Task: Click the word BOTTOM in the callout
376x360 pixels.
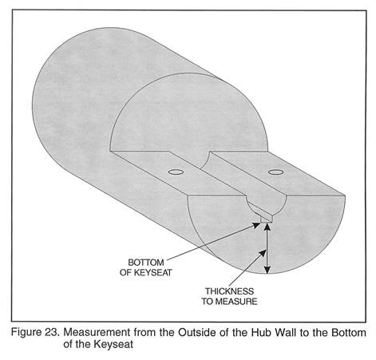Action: (x=146, y=263)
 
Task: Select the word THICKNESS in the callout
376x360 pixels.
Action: (x=229, y=291)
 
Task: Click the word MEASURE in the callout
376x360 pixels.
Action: (x=236, y=302)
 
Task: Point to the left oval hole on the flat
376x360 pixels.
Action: (x=176, y=172)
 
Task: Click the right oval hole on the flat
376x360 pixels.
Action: (x=275, y=172)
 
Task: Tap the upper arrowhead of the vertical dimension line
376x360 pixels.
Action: (x=268, y=227)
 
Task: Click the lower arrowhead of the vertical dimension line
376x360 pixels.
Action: (x=268, y=269)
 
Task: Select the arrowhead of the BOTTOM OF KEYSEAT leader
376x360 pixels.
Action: (x=256, y=226)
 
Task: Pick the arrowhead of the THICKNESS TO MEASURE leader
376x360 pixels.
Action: (x=263, y=253)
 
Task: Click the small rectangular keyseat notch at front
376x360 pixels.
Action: (x=267, y=219)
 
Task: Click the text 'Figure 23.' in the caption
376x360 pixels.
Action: (x=35, y=333)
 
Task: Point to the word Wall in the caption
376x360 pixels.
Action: (x=286, y=333)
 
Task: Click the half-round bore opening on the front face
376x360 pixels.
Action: (x=267, y=205)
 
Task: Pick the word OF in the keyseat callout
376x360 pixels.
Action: (x=126, y=272)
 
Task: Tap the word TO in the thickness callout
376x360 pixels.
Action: (x=208, y=302)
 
